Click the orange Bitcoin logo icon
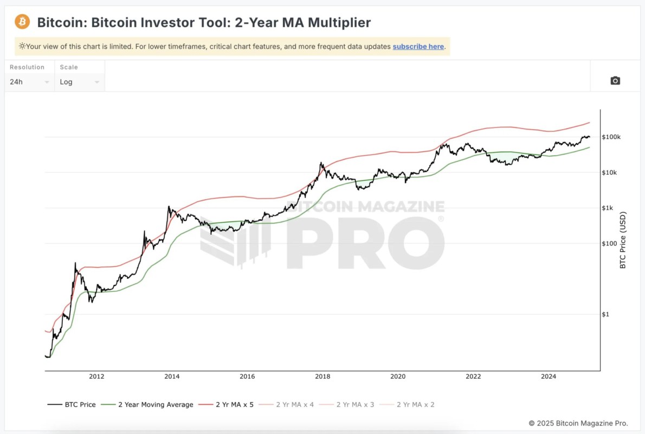(x=22, y=22)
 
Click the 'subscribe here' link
(x=418, y=47)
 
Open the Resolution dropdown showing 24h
(x=30, y=82)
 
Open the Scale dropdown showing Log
(x=80, y=82)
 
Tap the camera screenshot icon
(x=615, y=81)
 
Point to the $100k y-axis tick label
(x=611, y=137)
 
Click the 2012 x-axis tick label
(x=96, y=376)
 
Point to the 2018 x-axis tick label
(x=322, y=376)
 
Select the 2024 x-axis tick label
(x=549, y=376)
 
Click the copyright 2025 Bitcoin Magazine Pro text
(x=578, y=423)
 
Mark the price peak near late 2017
(x=321, y=162)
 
